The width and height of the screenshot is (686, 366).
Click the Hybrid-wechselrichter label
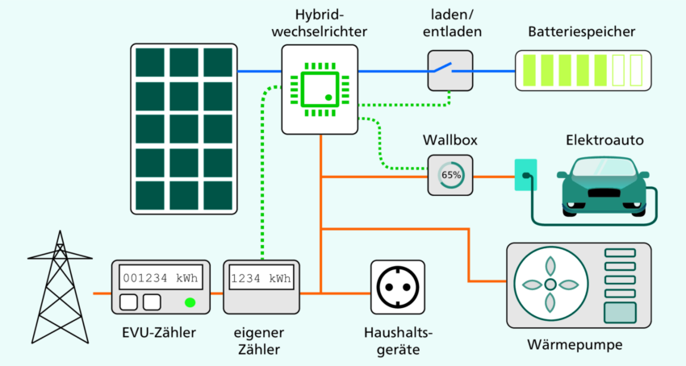pos(321,24)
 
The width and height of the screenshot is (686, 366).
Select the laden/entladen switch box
pos(450,71)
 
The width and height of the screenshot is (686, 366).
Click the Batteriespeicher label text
pos(581,32)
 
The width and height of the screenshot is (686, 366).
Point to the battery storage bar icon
pos(581,71)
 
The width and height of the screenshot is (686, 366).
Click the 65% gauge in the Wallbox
pos(450,175)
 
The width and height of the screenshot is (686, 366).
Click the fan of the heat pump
pos(550,284)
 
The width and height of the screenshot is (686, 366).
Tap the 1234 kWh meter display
pos(261,279)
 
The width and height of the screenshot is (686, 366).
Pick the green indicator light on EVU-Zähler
pos(190,303)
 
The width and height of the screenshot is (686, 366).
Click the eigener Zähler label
pos(261,341)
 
